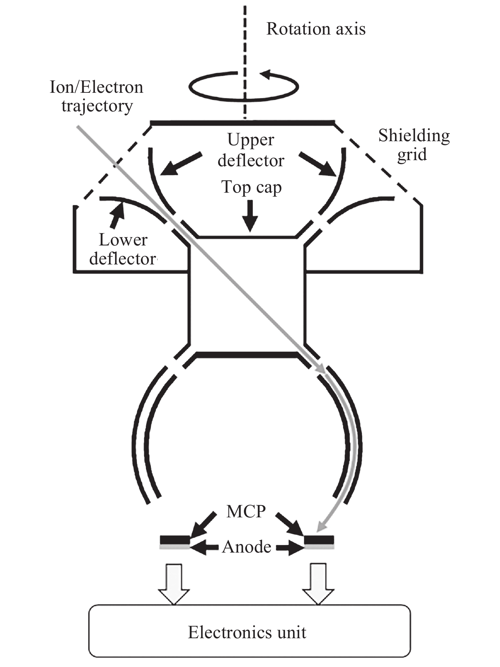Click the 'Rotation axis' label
(316, 29)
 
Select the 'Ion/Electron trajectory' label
(97, 96)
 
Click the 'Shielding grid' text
(414, 145)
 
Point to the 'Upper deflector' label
(251, 150)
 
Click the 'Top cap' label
(251, 187)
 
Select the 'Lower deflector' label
(123, 250)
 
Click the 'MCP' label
(246, 512)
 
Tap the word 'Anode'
(247, 547)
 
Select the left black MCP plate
(175, 539)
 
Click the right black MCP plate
(319, 539)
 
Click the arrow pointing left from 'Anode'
(204, 547)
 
